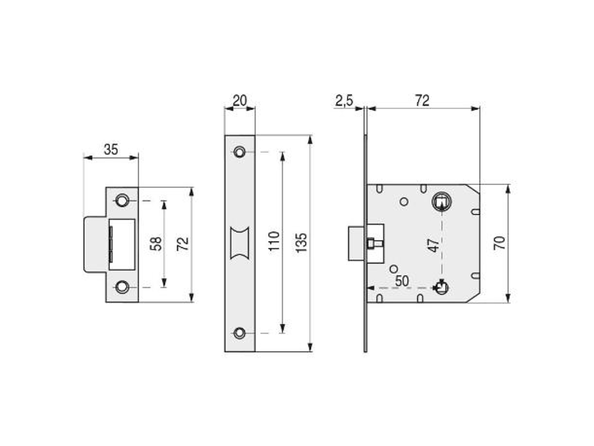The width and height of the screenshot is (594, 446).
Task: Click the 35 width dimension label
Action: click(x=110, y=149)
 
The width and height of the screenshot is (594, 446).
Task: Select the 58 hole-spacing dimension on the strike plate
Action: click(x=156, y=244)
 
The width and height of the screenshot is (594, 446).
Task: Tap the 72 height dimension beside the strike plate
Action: click(x=182, y=244)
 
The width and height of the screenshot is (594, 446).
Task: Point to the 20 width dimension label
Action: click(x=239, y=101)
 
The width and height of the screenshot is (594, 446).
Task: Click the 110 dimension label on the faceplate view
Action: click(x=274, y=241)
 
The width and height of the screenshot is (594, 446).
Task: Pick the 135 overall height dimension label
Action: click(x=301, y=243)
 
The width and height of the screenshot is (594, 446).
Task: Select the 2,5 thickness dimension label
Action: click(x=344, y=101)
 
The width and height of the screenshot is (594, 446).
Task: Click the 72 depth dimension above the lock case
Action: click(x=422, y=101)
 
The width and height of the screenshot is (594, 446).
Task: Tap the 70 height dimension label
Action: click(x=500, y=243)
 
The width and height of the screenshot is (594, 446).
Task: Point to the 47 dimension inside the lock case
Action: click(x=434, y=245)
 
